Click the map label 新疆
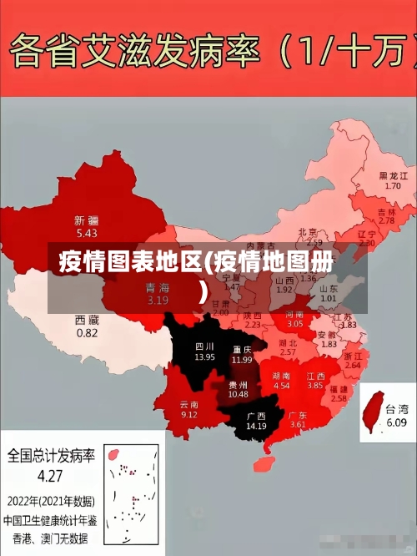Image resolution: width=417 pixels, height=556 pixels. click(x=87, y=220)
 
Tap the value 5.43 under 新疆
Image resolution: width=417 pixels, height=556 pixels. click(x=87, y=233)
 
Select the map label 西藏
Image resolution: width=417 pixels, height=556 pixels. click(x=87, y=320)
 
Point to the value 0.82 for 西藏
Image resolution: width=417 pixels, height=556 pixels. click(x=87, y=332)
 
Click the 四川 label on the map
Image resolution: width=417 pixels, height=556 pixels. click(x=204, y=346)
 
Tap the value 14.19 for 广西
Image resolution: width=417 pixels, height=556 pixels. click(x=256, y=426)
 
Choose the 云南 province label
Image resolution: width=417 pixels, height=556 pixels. click(x=189, y=404)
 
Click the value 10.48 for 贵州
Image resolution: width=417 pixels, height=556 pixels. click(x=238, y=394)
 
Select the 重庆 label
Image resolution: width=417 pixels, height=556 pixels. click(x=242, y=349)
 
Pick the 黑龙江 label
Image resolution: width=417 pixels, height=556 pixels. click(x=393, y=175)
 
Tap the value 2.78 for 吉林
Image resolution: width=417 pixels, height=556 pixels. click(x=386, y=220)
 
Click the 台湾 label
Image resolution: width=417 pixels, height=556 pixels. click(x=397, y=410)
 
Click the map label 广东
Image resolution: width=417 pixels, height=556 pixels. click(x=298, y=415)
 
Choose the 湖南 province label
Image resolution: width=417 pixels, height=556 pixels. click(x=281, y=376)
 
